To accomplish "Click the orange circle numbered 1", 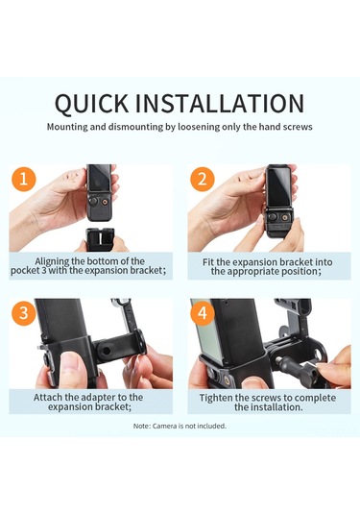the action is coord(24,179).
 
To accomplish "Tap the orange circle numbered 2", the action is coord(203,179).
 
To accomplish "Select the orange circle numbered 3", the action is coord(24,313).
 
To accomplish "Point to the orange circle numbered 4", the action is coord(203,313).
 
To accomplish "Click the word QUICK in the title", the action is coord(92,104).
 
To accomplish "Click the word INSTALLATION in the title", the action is coord(220,104).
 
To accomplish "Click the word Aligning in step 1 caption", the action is coord(52,261).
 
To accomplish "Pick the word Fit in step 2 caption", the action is coord(208,262).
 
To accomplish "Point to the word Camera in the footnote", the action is coord(165,427).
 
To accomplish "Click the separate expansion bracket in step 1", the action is coord(99,239).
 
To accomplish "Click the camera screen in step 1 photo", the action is coord(99,181).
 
